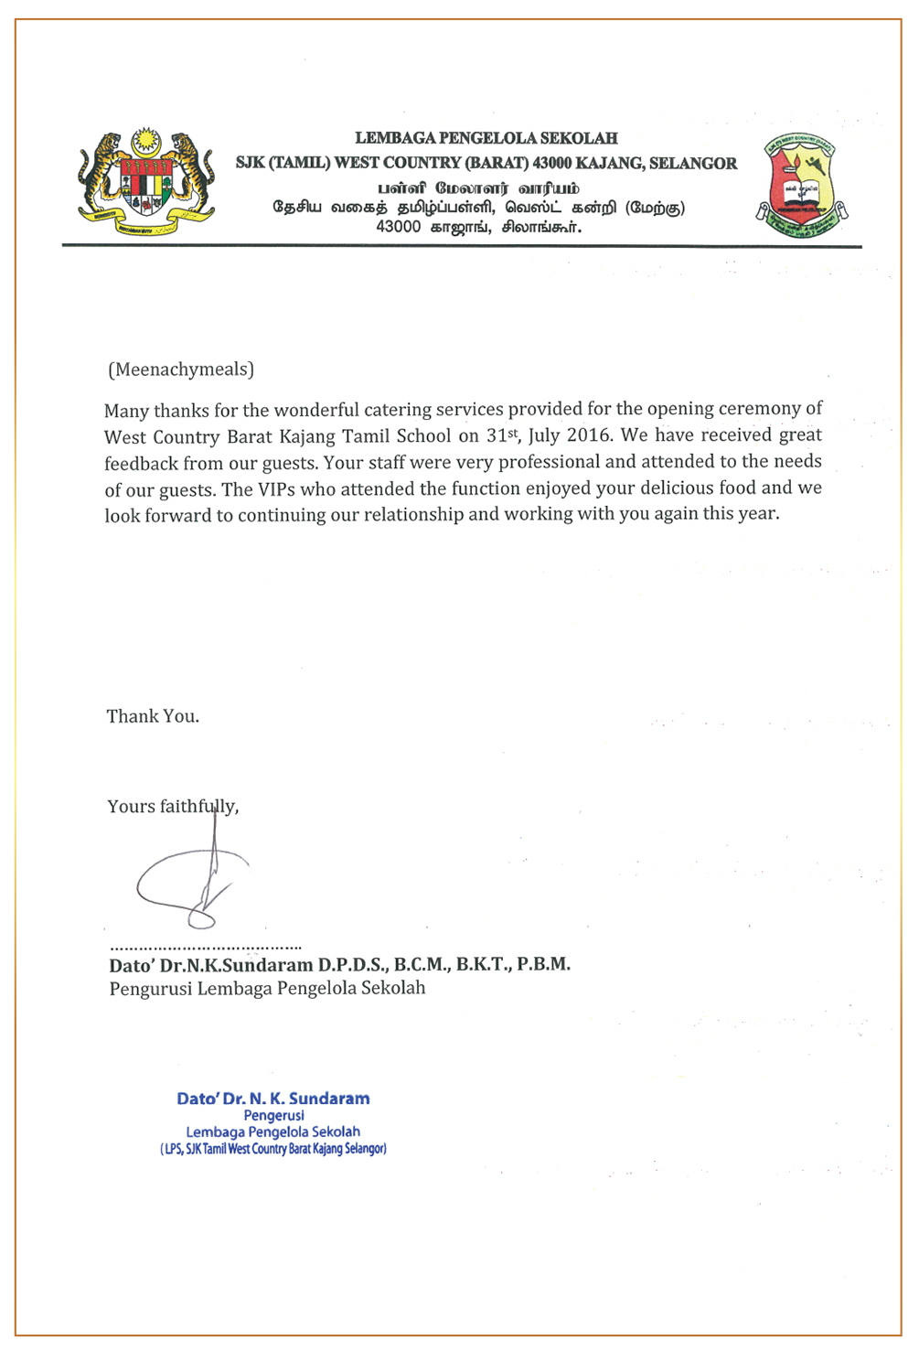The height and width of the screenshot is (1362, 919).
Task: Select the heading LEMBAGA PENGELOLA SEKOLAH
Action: click(486, 139)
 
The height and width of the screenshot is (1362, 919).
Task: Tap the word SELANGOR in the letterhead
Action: click(693, 164)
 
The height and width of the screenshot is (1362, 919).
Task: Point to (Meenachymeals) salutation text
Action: click(181, 370)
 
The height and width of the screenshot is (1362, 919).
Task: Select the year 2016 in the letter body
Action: click(588, 435)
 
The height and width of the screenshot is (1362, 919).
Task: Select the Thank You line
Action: click(153, 716)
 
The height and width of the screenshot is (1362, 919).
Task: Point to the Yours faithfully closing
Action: click(173, 807)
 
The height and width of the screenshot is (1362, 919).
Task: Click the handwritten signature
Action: click(192, 883)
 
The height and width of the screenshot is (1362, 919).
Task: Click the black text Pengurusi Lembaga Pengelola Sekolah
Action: click(267, 989)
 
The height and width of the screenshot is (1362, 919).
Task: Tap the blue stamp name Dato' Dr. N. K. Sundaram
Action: click(273, 1099)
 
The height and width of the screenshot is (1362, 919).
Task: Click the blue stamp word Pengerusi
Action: click(274, 1116)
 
